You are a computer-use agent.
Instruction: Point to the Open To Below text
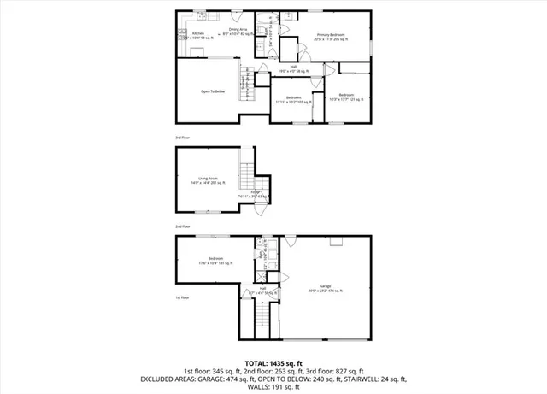(213, 91)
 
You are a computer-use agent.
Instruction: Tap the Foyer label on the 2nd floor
(255, 195)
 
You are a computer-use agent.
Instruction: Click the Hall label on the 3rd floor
(293, 68)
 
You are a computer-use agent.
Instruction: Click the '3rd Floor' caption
(181, 137)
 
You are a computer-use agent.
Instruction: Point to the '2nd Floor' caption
(181, 226)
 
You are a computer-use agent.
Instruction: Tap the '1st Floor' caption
(181, 297)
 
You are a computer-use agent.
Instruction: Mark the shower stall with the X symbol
(261, 278)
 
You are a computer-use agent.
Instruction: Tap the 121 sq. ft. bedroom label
(346, 97)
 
